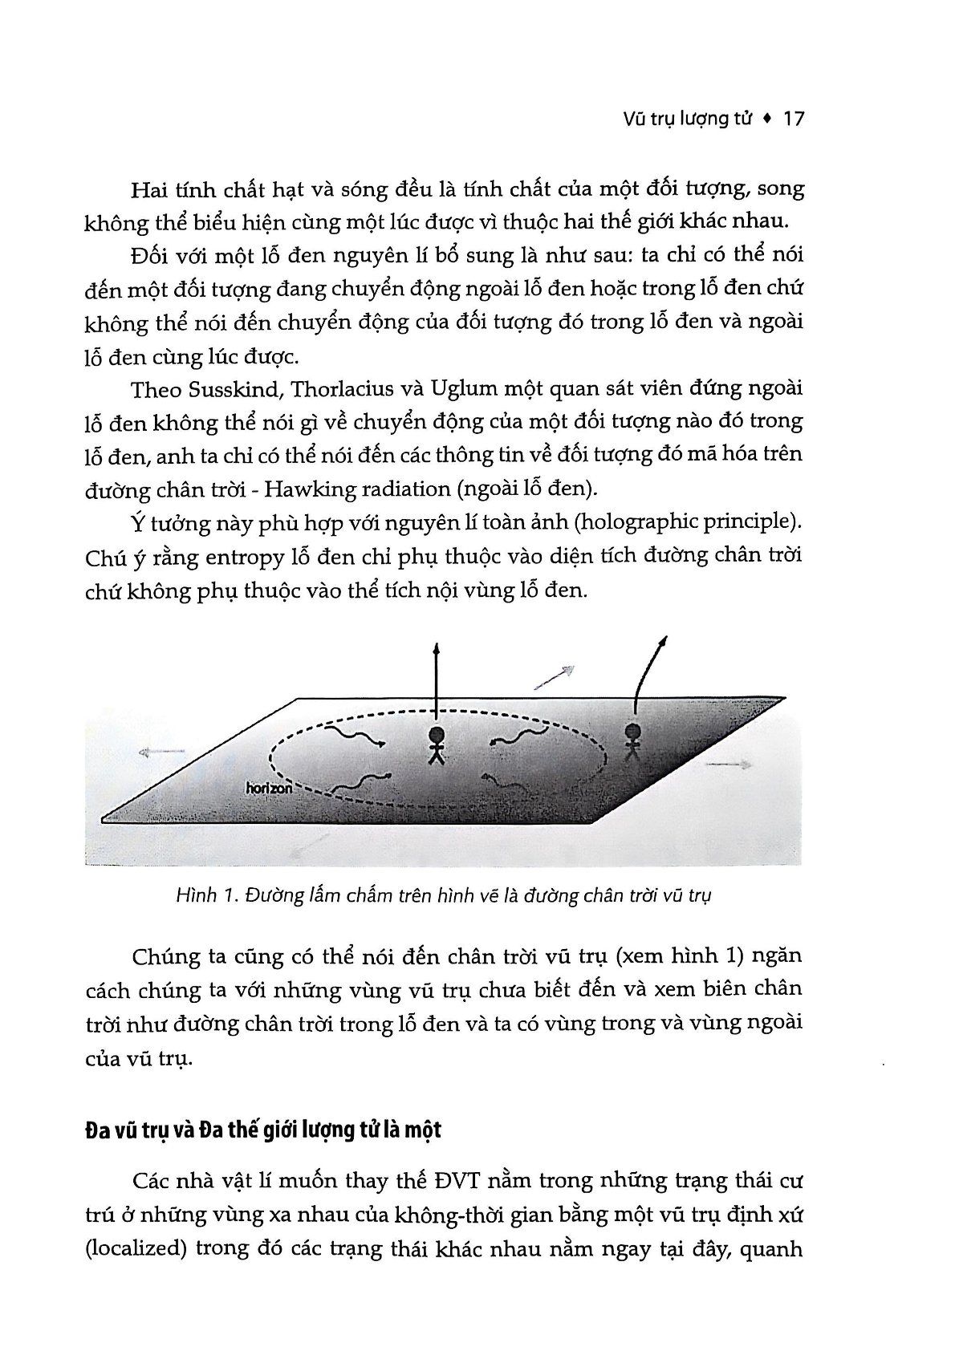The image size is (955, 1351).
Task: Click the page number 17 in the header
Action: [793, 120]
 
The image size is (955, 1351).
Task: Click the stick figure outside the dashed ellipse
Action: [633, 740]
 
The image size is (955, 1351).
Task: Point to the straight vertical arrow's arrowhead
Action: [436, 651]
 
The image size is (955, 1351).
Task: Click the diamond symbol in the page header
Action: [767, 120]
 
